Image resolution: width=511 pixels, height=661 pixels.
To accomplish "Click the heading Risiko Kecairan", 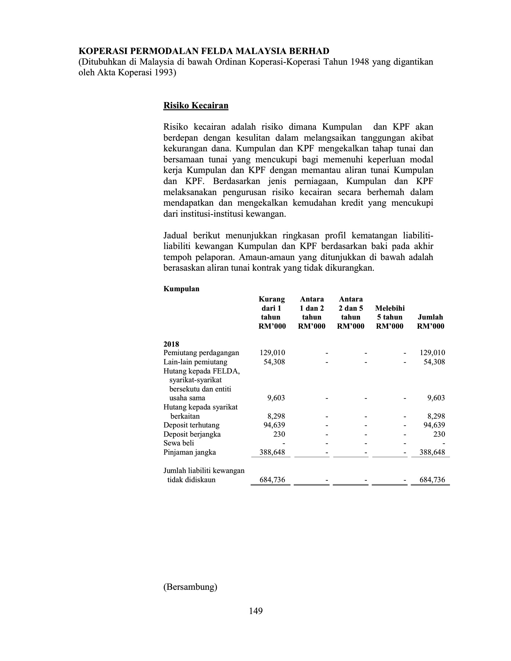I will point(196,106).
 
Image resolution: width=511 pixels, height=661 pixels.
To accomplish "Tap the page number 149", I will point(255,611).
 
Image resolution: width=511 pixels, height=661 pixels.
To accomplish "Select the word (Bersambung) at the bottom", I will point(190,587).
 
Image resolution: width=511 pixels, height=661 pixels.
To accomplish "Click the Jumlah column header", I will point(430,322).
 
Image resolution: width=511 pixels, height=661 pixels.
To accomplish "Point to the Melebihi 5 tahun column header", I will point(390,317).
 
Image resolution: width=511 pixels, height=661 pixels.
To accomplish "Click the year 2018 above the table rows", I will point(171,344).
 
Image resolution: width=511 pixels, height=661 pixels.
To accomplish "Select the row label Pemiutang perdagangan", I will point(201,353).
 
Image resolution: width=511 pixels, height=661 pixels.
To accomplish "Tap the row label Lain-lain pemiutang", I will point(195,362).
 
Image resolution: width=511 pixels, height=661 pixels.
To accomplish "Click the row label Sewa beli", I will point(179,443).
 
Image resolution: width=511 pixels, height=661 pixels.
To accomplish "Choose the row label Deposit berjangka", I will point(192,434).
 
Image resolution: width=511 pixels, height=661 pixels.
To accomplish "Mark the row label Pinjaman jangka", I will point(190,452).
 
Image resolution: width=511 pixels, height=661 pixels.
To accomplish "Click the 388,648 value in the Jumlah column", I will point(432,452).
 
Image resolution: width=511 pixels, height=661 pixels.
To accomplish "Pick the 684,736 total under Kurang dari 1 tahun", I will point(272,480).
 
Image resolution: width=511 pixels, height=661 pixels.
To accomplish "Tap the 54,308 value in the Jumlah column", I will point(434,362).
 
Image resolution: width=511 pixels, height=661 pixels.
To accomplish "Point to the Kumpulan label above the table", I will point(181,289).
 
